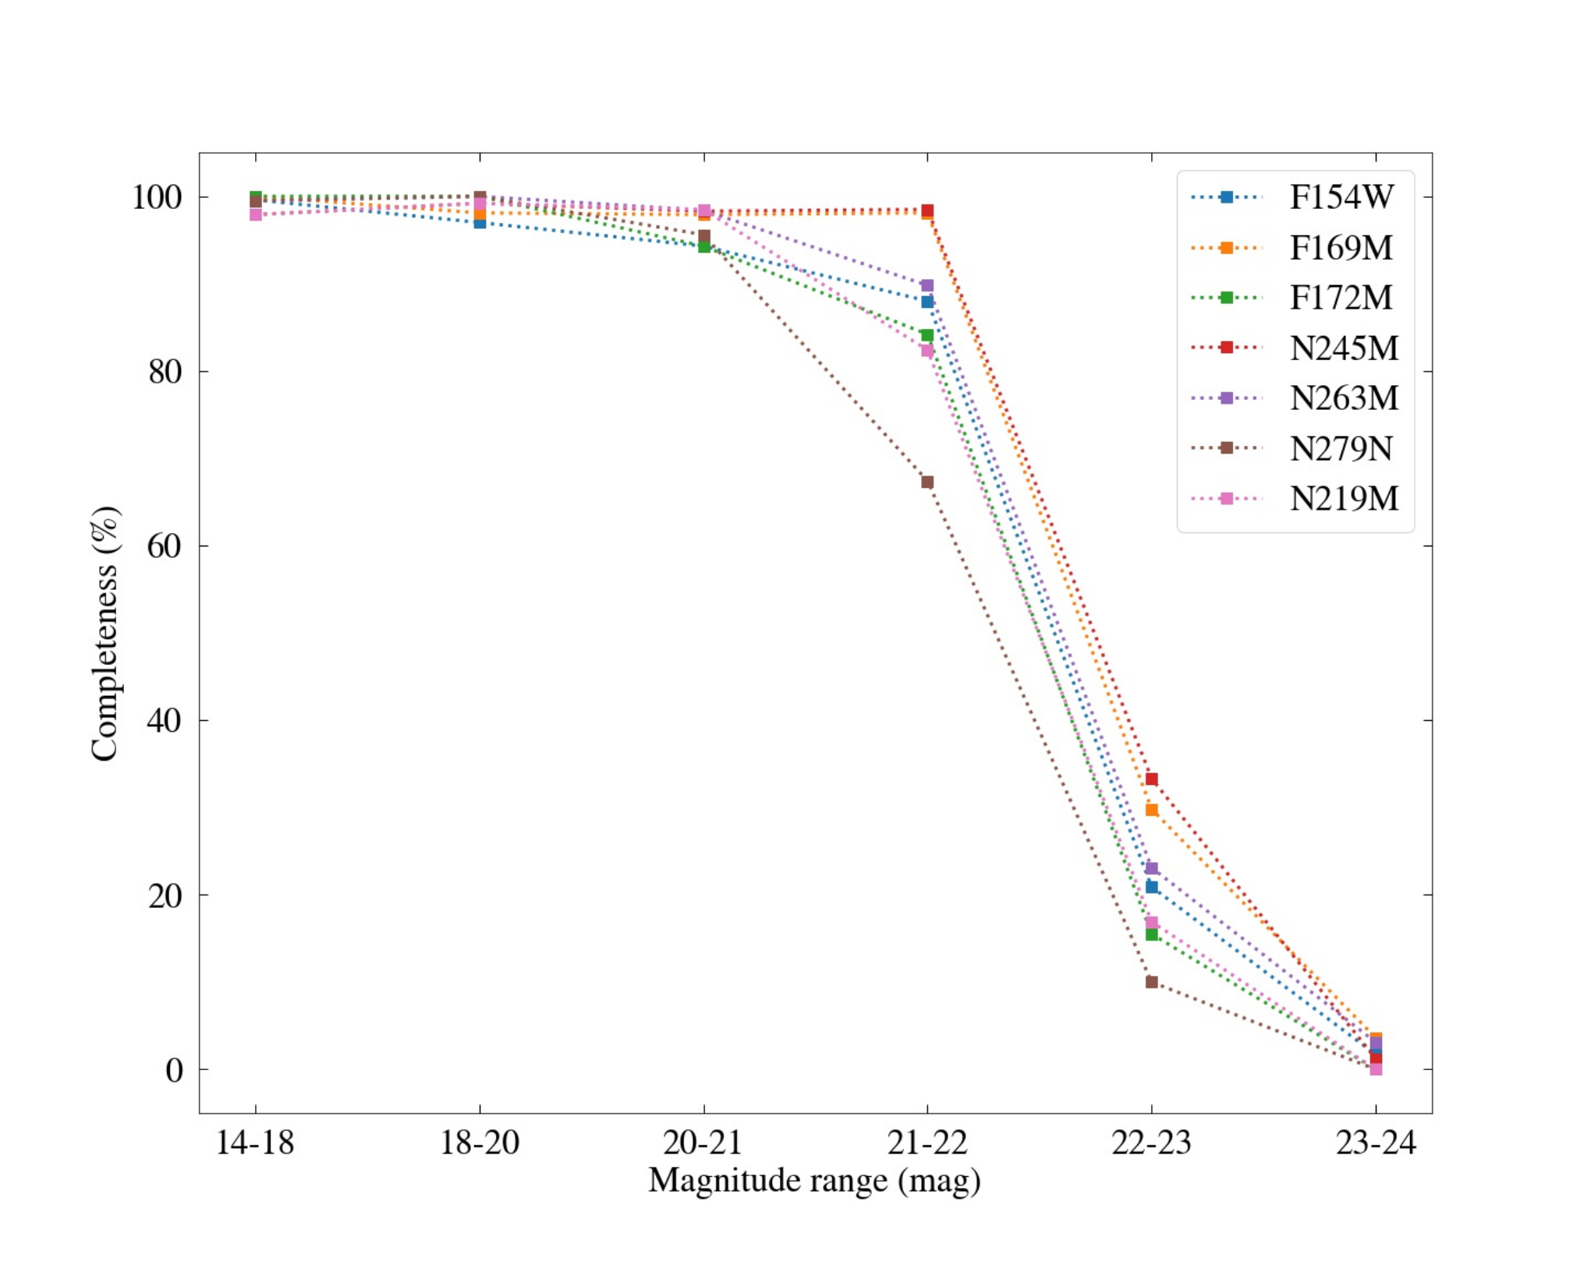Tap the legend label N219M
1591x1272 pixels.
click(1344, 499)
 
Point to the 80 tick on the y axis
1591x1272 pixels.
click(165, 372)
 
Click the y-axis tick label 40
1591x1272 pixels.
click(165, 720)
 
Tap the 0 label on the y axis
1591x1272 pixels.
click(174, 1069)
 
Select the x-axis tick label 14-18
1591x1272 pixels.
click(255, 1143)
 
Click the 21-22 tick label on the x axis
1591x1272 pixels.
click(927, 1143)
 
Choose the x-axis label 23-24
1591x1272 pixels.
click(1376, 1143)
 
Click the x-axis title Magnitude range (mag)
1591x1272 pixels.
click(814, 1181)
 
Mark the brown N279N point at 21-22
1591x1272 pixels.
click(927, 482)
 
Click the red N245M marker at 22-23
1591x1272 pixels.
click(1151, 779)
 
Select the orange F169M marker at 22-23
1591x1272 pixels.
click(1151, 810)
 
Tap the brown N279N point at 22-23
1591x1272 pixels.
click(1151, 982)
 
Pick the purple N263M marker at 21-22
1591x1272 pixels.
click(927, 285)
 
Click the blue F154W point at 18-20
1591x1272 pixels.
click(480, 223)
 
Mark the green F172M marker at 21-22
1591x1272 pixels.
click(927, 335)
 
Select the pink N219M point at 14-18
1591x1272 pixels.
click(255, 214)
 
